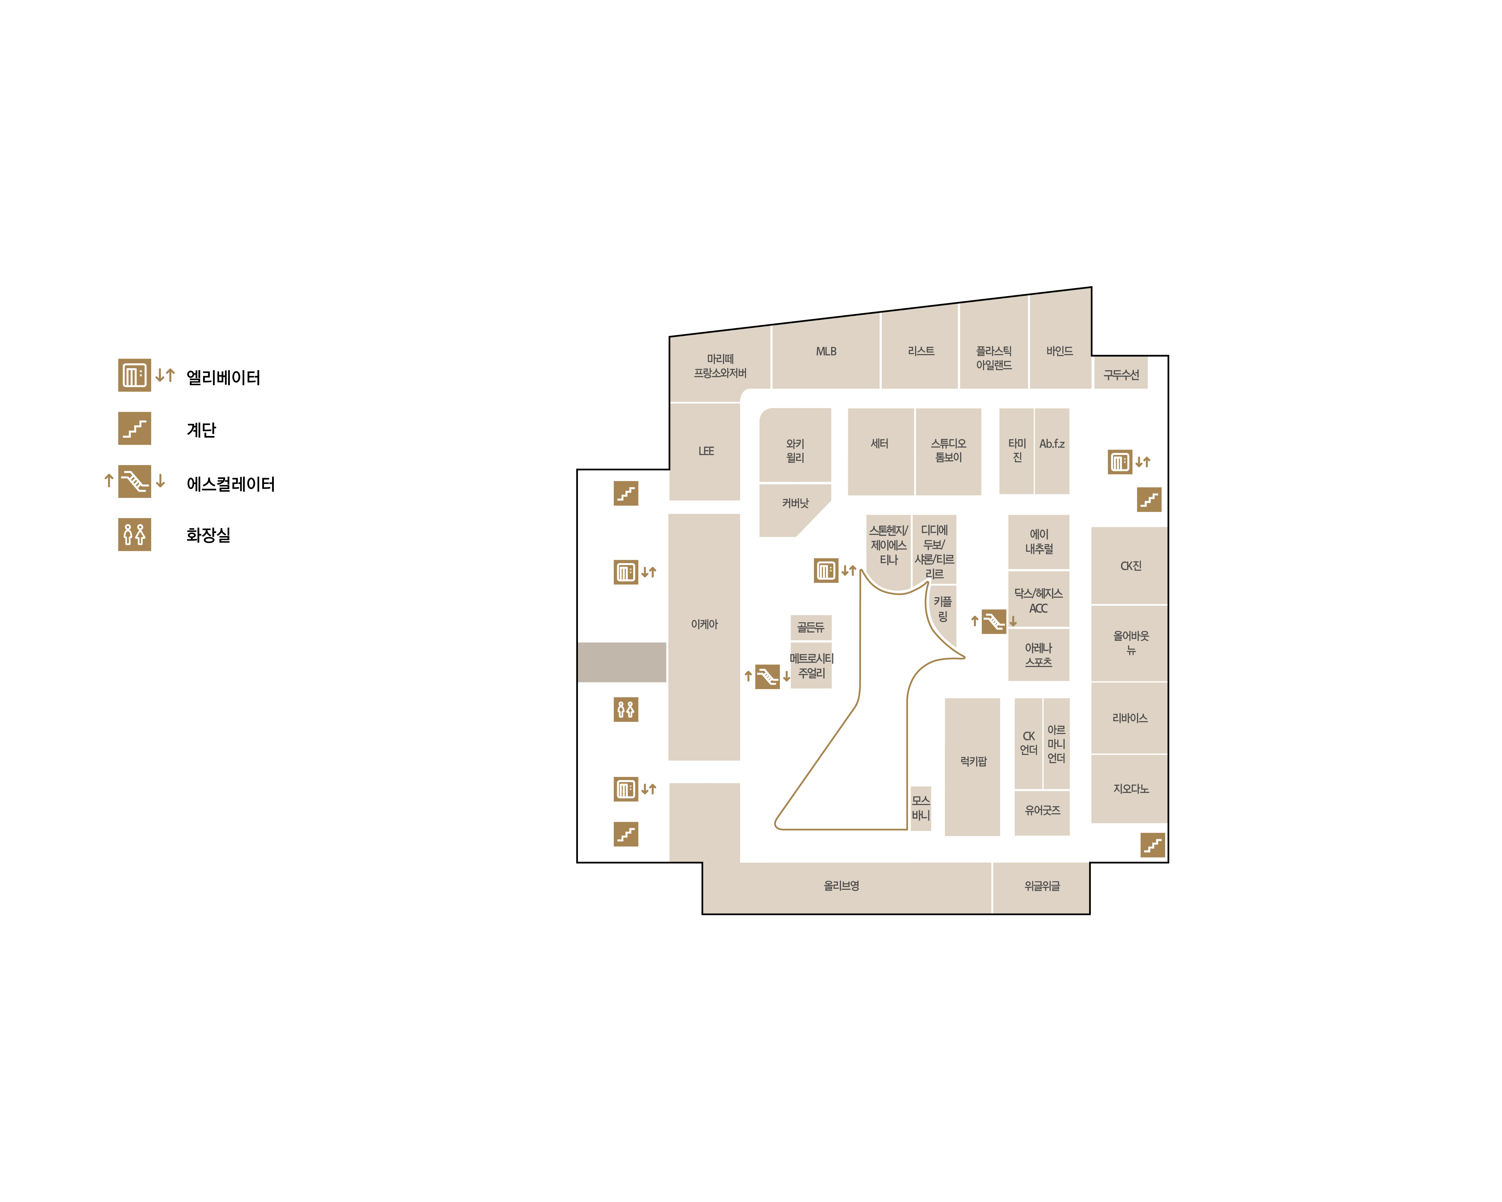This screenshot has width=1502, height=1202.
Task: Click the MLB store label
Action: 826,351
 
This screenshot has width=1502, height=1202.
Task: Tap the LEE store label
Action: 706,451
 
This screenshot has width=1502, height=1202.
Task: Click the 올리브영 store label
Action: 842,886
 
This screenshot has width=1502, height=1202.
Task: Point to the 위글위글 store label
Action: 1042,886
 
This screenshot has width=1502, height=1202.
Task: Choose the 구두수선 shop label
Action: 1121,375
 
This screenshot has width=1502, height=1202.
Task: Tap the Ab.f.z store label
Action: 1052,443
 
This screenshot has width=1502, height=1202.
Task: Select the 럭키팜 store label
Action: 973,761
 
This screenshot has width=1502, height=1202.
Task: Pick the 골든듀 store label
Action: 810,627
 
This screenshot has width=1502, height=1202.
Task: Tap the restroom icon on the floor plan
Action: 626,709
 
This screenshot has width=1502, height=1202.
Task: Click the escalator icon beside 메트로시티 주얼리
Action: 767,676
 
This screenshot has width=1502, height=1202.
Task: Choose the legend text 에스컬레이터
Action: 231,484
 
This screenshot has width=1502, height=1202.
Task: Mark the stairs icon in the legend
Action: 134,428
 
